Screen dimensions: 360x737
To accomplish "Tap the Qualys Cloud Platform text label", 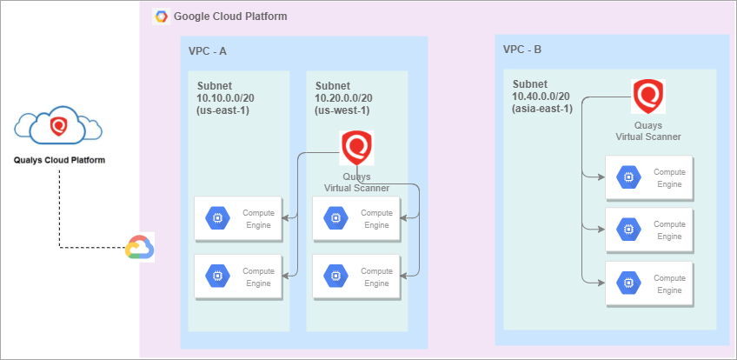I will (x=58, y=160).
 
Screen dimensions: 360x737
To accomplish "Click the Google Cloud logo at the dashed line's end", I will (x=139, y=248).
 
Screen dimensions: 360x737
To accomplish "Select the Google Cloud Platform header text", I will (x=230, y=17).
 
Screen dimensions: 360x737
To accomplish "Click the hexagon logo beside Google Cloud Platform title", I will (x=161, y=17).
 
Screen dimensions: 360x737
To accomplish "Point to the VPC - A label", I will (x=208, y=51).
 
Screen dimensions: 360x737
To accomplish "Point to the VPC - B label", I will (x=522, y=50).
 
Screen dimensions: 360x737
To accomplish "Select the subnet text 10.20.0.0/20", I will (x=344, y=98).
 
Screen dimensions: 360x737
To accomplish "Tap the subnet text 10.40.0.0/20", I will (x=541, y=96).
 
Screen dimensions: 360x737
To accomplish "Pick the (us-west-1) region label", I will (x=342, y=110).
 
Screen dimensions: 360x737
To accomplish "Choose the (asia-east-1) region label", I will (x=542, y=108).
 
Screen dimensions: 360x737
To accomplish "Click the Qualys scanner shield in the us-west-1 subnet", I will (x=357, y=148).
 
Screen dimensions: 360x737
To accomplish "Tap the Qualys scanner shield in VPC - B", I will (x=647, y=97).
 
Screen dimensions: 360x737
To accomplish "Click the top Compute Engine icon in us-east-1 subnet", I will (x=216, y=219).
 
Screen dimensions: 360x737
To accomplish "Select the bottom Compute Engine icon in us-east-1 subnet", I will (x=216, y=277).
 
